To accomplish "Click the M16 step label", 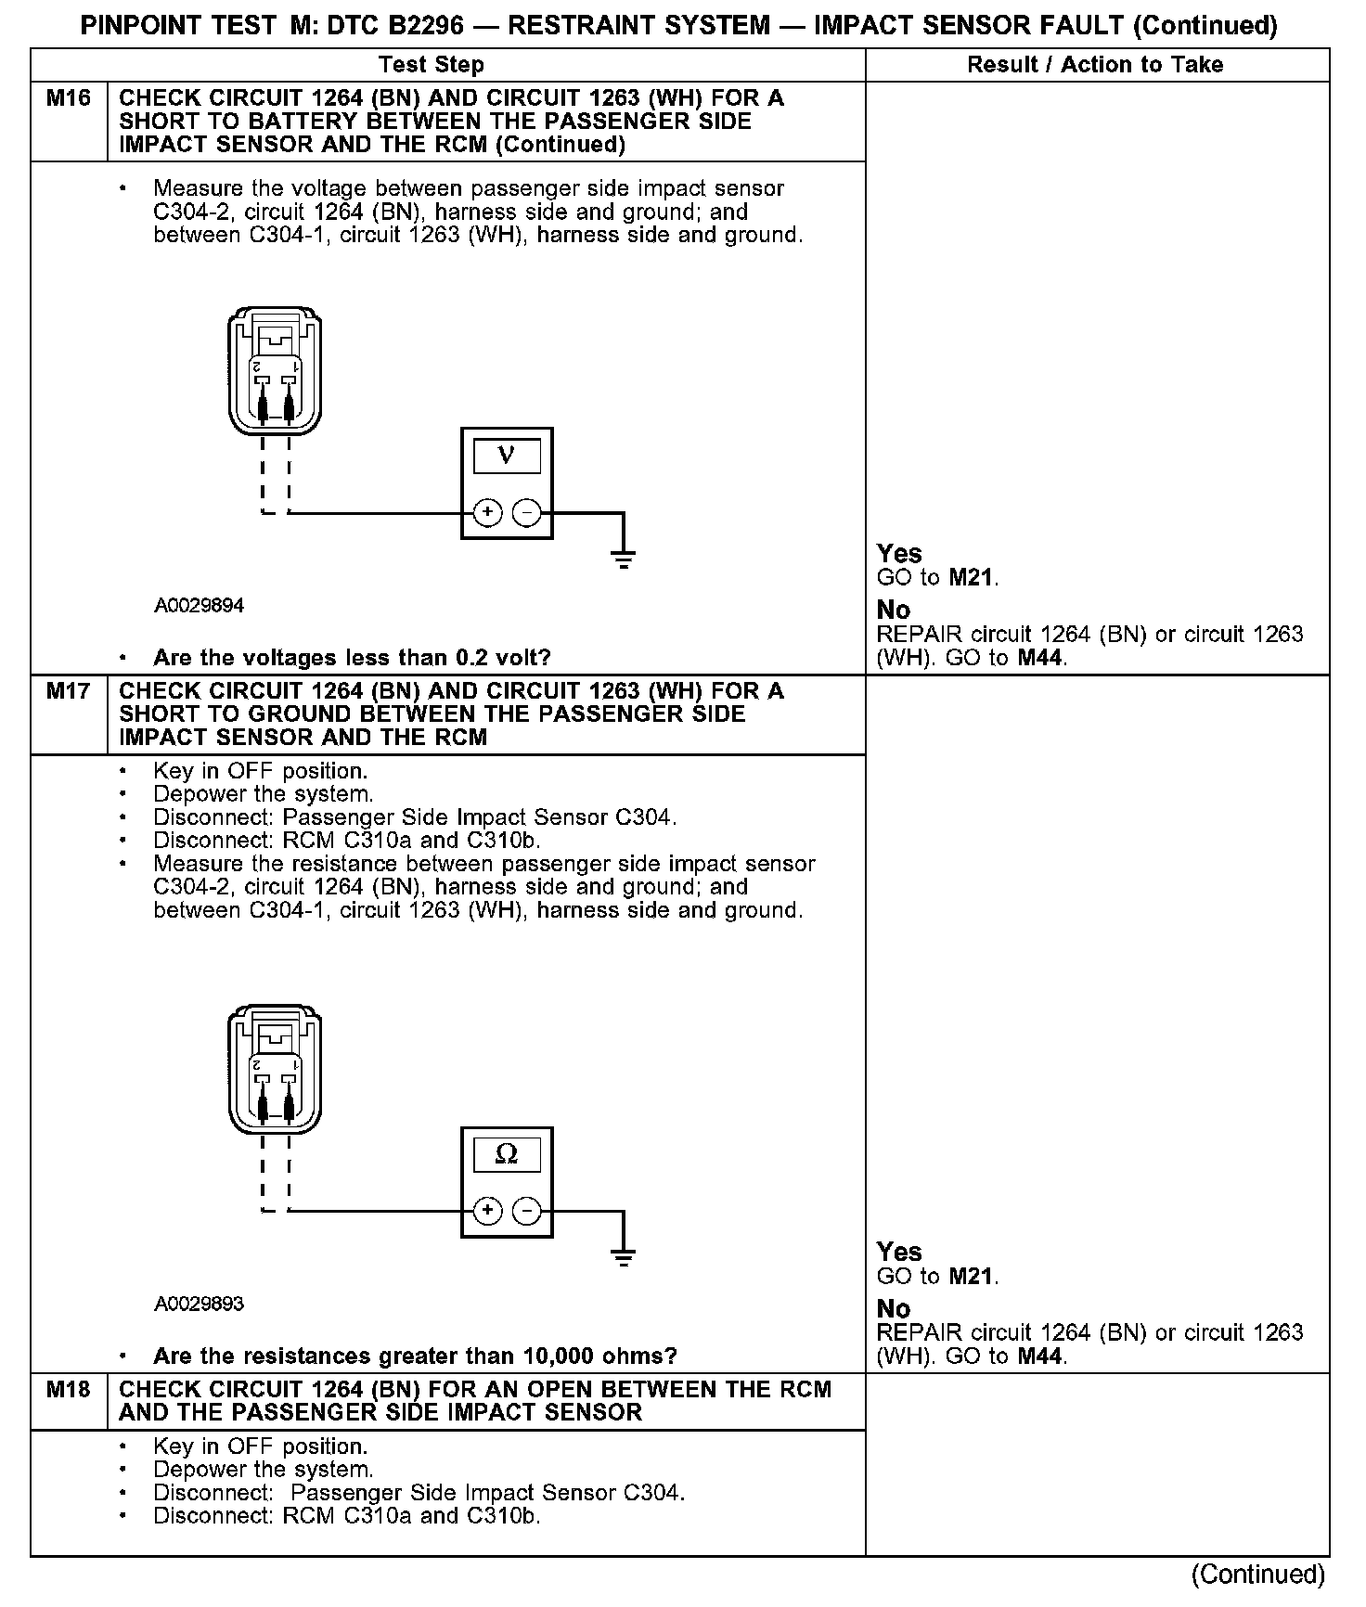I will tap(69, 98).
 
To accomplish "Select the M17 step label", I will tap(69, 691).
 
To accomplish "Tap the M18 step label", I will tap(69, 1390).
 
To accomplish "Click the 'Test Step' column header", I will tap(432, 65).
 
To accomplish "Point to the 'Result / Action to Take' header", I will tap(1095, 65).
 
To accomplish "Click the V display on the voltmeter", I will tap(507, 456).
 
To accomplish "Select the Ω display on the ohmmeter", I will tap(507, 1154).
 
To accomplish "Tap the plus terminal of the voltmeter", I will tap(488, 512).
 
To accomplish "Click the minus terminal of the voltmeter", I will tap(526, 512).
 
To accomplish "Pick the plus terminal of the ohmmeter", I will tap(488, 1211).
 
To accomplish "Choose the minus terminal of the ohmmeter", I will tap(526, 1211).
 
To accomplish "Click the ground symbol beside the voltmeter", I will tap(624, 559).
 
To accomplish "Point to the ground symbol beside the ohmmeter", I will tap(624, 1258).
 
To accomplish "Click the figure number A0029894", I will tap(200, 606).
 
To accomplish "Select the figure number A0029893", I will tap(200, 1304).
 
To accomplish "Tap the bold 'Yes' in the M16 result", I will tap(899, 554).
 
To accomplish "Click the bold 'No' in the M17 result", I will tap(894, 1308).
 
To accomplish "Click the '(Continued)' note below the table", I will tap(1258, 1574).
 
